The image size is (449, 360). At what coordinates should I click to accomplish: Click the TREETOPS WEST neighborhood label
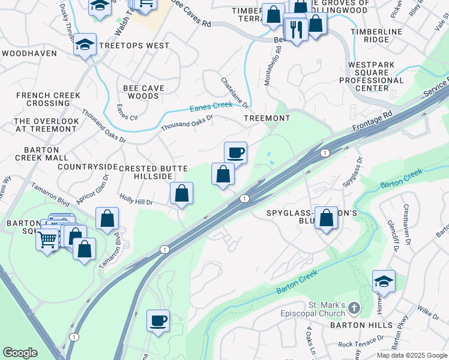click(134, 46)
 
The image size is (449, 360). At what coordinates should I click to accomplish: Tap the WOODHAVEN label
click(29, 53)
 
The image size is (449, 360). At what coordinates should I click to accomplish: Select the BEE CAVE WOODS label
click(143, 92)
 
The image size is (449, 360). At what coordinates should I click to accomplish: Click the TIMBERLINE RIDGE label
click(379, 35)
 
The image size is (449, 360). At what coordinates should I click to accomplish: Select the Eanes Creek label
click(211, 106)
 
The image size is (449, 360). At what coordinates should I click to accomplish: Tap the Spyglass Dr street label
click(352, 172)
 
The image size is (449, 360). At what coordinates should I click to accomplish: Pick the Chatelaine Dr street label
click(235, 93)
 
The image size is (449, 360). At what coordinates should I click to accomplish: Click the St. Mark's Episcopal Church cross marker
click(354, 308)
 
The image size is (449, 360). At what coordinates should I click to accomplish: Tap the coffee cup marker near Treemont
click(236, 153)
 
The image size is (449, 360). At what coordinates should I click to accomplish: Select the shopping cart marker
click(47, 239)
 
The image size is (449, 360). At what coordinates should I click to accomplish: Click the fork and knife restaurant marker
click(296, 29)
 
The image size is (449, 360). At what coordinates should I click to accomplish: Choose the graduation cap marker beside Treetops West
click(85, 44)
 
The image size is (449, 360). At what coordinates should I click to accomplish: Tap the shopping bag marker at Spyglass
click(327, 218)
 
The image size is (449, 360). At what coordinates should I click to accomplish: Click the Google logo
click(20, 353)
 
